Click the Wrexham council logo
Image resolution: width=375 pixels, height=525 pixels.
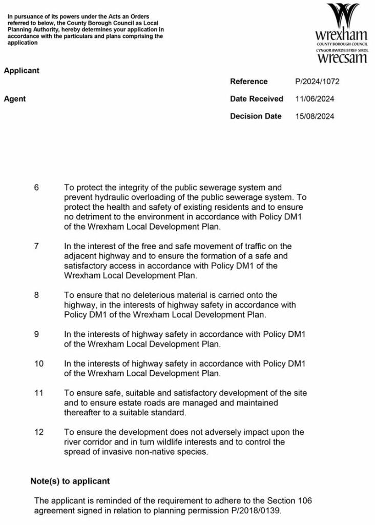(x=342, y=33)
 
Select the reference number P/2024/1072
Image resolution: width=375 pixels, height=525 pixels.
(x=317, y=82)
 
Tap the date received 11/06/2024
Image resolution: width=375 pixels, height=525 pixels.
(x=315, y=99)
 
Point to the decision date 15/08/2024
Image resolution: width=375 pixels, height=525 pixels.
(x=315, y=116)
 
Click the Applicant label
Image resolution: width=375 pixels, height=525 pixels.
(x=22, y=71)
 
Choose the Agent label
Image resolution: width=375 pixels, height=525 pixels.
(x=15, y=99)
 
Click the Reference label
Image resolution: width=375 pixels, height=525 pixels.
(x=248, y=82)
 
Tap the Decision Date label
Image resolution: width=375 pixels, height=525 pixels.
(x=256, y=116)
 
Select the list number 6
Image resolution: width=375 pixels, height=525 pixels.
(x=36, y=188)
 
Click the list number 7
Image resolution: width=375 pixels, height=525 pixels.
(x=36, y=246)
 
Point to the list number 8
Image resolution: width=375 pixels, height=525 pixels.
(x=36, y=295)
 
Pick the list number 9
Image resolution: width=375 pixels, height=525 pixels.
(x=36, y=334)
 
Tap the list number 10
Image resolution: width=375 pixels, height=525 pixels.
(x=39, y=364)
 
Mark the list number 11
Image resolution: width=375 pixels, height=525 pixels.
(x=39, y=393)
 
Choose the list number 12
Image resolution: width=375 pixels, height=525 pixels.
(x=39, y=432)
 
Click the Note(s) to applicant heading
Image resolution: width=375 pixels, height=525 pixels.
(x=70, y=481)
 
